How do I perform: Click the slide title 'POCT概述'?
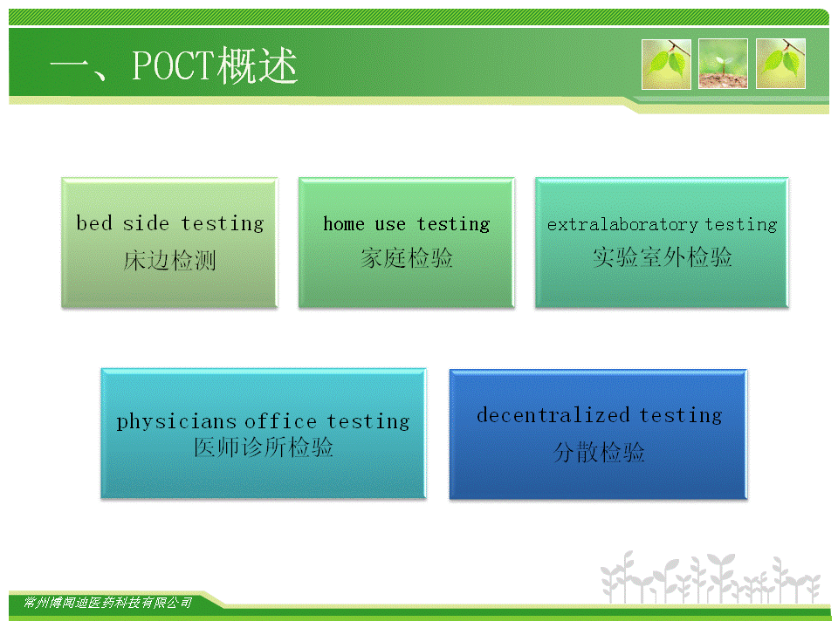click(x=214, y=65)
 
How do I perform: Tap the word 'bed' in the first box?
click(x=94, y=223)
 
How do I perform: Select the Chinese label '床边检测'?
click(x=169, y=261)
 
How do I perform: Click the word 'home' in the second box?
click(x=344, y=224)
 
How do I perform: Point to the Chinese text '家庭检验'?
click(x=406, y=258)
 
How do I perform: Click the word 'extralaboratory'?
click(x=622, y=225)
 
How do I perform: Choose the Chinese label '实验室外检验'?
click(x=662, y=256)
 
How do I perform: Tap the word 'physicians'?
click(x=176, y=422)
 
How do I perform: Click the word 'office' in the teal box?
click(x=280, y=421)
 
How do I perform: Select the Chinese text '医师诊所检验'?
click(x=264, y=447)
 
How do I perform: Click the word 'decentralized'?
click(x=553, y=415)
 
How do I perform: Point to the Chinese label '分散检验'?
click(x=599, y=453)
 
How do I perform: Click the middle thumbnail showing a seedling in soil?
click(x=723, y=64)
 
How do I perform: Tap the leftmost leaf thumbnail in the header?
click(x=666, y=64)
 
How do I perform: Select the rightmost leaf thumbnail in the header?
click(x=780, y=64)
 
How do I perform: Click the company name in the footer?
click(x=107, y=603)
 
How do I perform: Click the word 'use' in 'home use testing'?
click(x=390, y=225)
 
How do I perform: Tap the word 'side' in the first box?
click(x=146, y=223)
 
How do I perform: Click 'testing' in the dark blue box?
click(x=680, y=416)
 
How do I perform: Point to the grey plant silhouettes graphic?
click(x=711, y=578)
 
